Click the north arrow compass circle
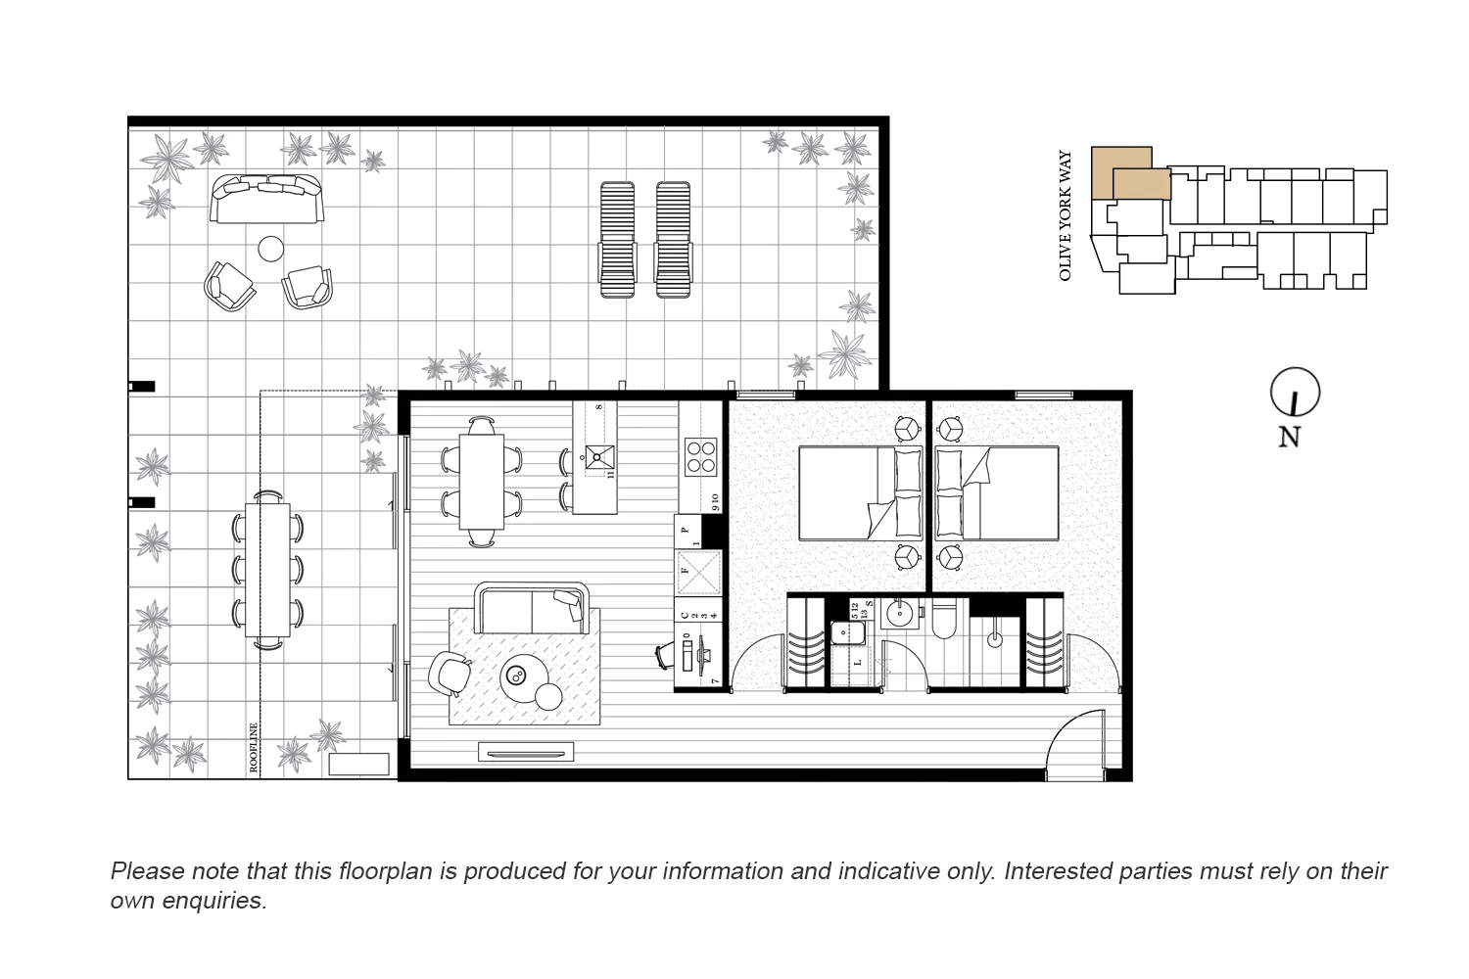[x=1295, y=394]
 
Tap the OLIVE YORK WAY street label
[x=1066, y=215]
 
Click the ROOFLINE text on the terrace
[x=254, y=748]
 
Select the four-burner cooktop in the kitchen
[x=700, y=457]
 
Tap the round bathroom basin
[x=899, y=615]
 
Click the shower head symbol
[x=995, y=639]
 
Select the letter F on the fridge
[x=686, y=569]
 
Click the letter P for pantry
[x=686, y=530]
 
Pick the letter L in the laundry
[x=858, y=663]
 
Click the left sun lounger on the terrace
[x=617, y=239]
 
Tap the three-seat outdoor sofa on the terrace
[x=266, y=199]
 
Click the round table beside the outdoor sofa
[x=271, y=249]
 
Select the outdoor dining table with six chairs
[x=267, y=568]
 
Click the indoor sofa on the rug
[x=531, y=609]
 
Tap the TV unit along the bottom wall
[x=525, y=752]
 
